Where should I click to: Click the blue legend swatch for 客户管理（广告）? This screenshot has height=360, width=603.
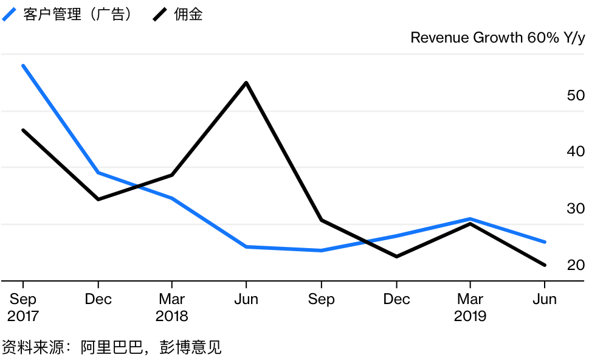(x=10, y=15)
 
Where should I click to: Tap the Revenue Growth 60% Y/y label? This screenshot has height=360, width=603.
(x=497, y=38)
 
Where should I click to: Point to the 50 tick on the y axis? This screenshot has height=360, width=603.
(x=575, y=95)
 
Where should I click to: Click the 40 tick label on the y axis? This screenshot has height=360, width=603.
(x=575, y=151)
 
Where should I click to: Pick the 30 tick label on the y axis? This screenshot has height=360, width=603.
(x=575, y=209)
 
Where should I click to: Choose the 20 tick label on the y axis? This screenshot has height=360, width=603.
(x=575, y=265)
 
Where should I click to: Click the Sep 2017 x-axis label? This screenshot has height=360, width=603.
(x=22, y=308)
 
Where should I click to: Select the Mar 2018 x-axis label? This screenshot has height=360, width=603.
(x=172, y=308)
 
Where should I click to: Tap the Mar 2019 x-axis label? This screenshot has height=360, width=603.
(x=470, y=308)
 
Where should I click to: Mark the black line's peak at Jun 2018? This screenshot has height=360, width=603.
(x=246, y=82)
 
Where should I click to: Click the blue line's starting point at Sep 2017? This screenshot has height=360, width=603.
(x=23, y=65)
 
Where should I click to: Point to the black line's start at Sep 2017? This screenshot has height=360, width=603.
(x=23, y=130)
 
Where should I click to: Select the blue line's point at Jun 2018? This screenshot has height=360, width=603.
(x=246, y=247)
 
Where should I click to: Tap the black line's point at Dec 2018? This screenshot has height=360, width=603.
(x=396, y=257)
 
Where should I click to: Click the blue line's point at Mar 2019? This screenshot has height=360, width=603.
(x=470, y=219)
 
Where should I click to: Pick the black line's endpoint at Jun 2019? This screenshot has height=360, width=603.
(x=545, y=265)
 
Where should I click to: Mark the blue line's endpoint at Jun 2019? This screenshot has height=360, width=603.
(x=545, y=242)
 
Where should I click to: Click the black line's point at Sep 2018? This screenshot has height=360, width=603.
(x=322, y=220)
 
